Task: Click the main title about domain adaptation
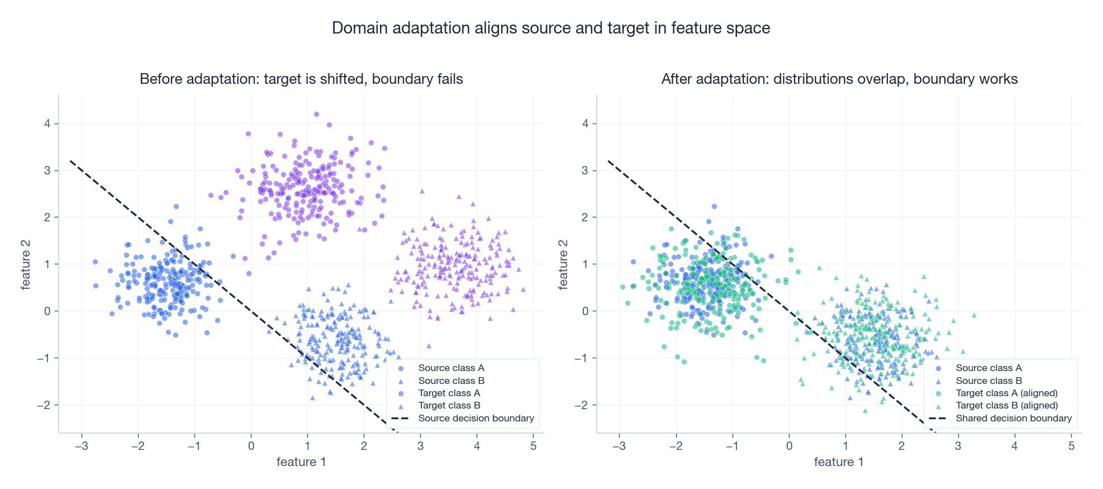point(551,28)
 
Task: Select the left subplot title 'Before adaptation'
point(301,79)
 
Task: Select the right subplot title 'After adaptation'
point(839,79)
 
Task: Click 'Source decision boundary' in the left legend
point(476,418)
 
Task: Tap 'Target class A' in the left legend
point(449,393)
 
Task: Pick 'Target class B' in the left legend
point(449,405)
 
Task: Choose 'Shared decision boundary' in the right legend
point(1013,418)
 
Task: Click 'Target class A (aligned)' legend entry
point(1006,393)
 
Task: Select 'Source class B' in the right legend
point(988,381)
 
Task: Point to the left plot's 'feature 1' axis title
point(301,462)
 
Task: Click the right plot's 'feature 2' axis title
point(563,264)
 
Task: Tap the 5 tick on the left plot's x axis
point(533,446)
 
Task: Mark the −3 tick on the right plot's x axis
point(619,446)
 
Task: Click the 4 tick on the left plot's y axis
point(47,124)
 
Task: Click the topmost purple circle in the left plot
point(316,114)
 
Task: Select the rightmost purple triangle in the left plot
point(523,289)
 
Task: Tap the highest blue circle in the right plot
point(714,206)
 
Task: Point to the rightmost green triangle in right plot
point(974,315)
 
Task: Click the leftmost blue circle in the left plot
point(95,262)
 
